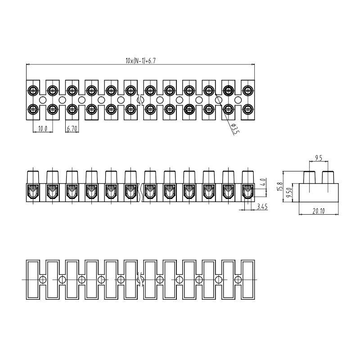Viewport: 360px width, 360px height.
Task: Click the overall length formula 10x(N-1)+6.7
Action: point(140,61)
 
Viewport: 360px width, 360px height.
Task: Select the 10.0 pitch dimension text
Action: point(42,129)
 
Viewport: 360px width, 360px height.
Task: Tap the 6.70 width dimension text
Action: point(72,129)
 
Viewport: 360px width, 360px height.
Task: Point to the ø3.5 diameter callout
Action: point(235,129)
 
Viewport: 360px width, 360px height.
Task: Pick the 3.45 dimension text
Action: point(262,207)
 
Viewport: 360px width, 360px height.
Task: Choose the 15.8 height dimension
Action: point(280,187)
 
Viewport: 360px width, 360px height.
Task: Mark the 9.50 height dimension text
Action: point(289,193)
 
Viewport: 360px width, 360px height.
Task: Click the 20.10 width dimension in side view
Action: point(319,211)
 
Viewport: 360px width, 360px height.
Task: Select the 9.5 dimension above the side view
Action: point(319,158)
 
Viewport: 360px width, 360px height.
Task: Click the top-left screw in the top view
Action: point(33,90)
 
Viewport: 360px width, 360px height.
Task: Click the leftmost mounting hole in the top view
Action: point(43,100)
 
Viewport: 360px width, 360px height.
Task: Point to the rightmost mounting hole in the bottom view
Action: point(238,279)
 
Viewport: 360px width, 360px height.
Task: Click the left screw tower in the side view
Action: point(310,177)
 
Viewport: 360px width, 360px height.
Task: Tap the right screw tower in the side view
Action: point(328,177)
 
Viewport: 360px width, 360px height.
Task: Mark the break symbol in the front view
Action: point(140,193)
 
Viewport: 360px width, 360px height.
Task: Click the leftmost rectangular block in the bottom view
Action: point(33,279)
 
